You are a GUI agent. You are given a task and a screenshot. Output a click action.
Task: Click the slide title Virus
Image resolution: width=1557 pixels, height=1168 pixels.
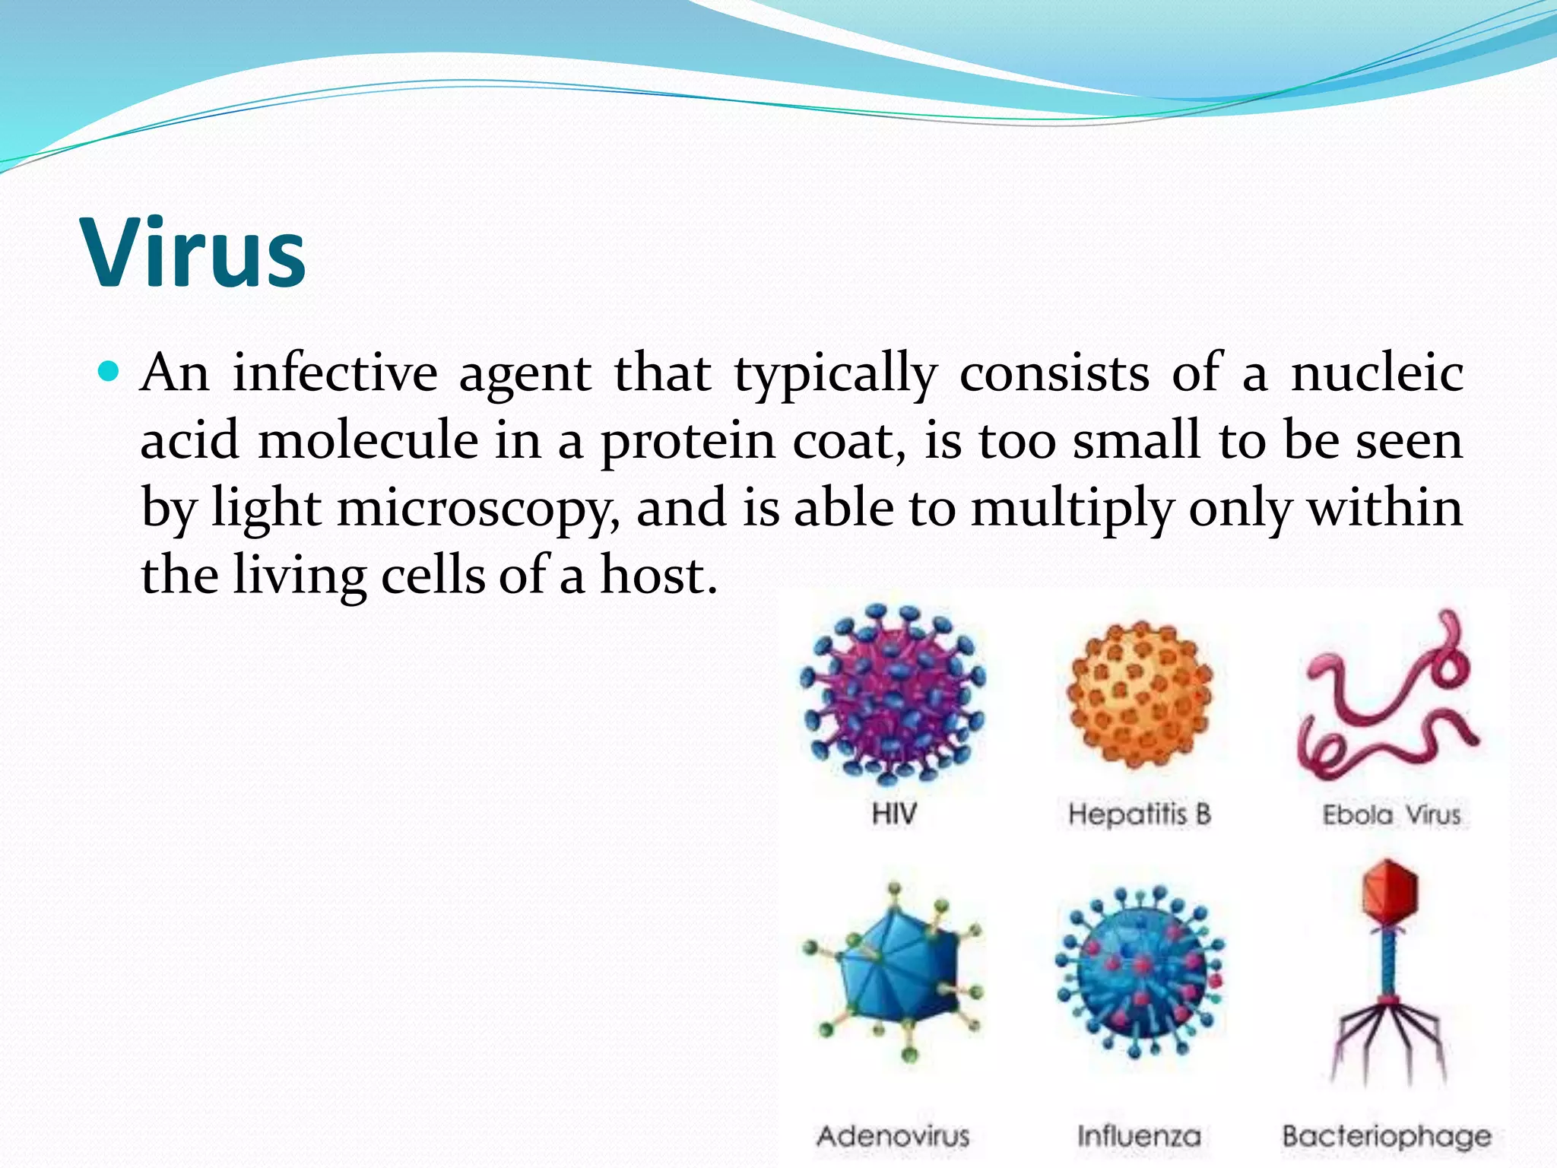point(195,253)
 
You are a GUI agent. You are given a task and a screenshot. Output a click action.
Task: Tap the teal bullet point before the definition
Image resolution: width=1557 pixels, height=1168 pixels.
point(110,372)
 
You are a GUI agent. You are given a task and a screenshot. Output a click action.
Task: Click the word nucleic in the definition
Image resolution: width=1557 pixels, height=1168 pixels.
point(1377,373)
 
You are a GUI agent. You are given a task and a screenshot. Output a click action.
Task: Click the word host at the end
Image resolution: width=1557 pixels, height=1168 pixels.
point(658,575)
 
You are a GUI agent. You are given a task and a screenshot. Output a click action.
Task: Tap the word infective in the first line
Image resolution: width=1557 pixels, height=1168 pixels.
point(335,373)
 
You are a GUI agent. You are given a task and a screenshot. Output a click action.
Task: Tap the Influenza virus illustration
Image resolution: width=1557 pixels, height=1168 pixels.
point(1140,973)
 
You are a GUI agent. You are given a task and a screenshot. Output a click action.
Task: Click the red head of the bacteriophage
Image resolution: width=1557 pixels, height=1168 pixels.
point(1390,891)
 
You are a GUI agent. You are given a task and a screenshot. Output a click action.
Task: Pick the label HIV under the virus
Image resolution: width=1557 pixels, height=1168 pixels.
point(894,814)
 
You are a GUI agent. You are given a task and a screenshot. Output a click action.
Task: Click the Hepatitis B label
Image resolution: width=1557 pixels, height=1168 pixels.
point(1140,814)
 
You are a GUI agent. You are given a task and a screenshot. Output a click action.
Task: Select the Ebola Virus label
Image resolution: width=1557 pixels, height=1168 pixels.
point(1391,815)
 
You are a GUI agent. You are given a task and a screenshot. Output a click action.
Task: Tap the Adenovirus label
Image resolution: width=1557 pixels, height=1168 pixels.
point(893,1136)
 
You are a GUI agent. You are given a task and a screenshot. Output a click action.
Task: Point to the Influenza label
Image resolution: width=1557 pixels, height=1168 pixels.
point(1139,1136)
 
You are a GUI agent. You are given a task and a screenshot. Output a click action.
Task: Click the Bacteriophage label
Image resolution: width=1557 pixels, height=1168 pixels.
point(1387,1136)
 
